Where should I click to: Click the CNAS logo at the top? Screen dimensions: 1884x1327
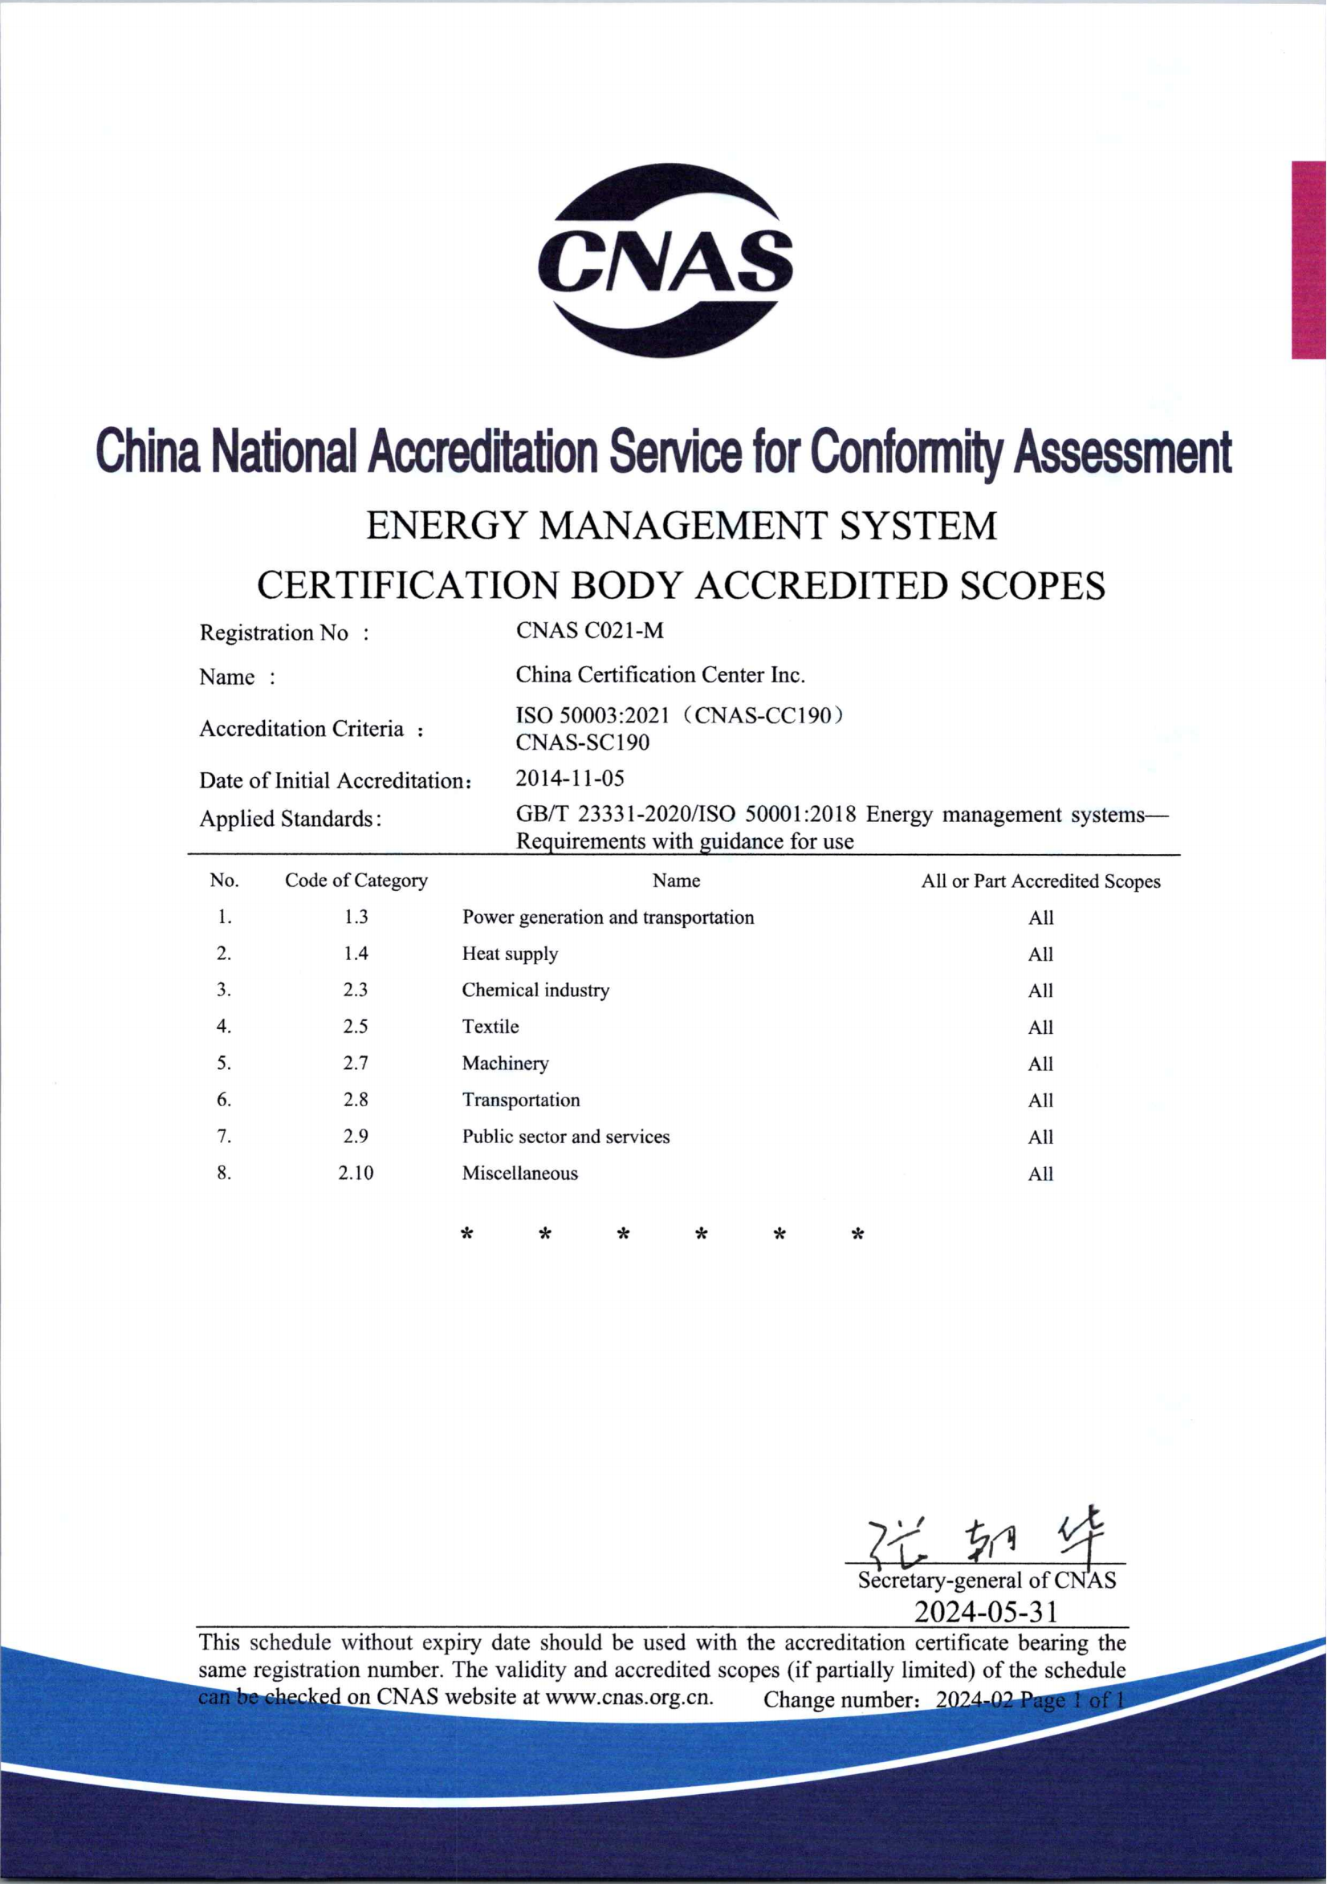[665, 260]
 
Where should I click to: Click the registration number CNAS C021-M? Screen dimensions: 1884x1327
[589, 630]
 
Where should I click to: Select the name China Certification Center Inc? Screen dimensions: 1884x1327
[660, 674]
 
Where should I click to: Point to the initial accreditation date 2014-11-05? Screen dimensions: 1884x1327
[569, 778]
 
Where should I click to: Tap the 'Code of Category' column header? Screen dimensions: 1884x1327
[356, 881]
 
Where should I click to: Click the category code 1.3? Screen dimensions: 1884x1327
[356, 917]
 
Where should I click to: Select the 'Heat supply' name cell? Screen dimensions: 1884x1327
[510, 954]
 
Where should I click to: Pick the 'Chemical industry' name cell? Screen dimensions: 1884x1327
[535, 990]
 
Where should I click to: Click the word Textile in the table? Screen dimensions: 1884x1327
[490, 1027]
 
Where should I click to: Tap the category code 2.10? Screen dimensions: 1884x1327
[356, 1174]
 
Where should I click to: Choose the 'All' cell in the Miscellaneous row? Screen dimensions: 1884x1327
[1040, 1174]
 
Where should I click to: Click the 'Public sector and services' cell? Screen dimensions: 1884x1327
[565, 1137]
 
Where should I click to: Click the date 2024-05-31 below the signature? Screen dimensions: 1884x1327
[987, 1612]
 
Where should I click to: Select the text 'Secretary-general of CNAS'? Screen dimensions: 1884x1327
[987, 1581]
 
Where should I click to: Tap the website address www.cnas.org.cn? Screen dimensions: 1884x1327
[629, 1697]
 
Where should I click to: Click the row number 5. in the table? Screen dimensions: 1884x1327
[224, 1064]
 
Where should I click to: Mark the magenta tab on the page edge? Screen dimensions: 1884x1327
[1308, 259]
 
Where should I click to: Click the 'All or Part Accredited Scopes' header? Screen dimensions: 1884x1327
[1040, 881]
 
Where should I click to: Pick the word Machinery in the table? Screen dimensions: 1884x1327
[505, 1064]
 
